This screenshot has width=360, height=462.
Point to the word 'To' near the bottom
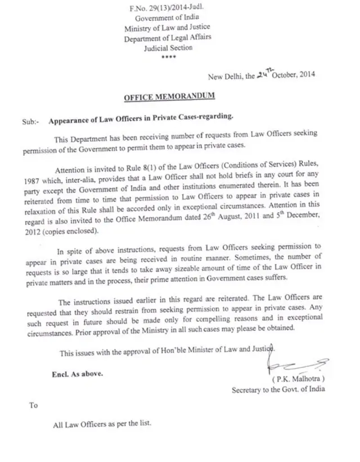[x=34, y=405]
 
